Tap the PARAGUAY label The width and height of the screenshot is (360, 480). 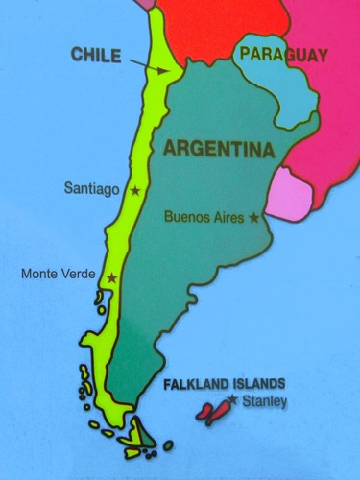(x=283, y=56)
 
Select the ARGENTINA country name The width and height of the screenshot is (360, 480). (x=220, y=150)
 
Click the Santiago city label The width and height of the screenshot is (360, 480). (x=92, y=189)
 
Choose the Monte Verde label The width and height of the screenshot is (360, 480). (x=58, y=275)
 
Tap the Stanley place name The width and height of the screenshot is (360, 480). (x=264, y=401)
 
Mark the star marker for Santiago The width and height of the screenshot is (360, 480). (x=134, y=191)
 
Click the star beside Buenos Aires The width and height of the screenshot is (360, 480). (x=253, y=218)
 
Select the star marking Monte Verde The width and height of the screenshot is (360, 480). (x=112, y=278)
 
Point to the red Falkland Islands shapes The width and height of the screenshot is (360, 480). (x=212, y=412)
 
